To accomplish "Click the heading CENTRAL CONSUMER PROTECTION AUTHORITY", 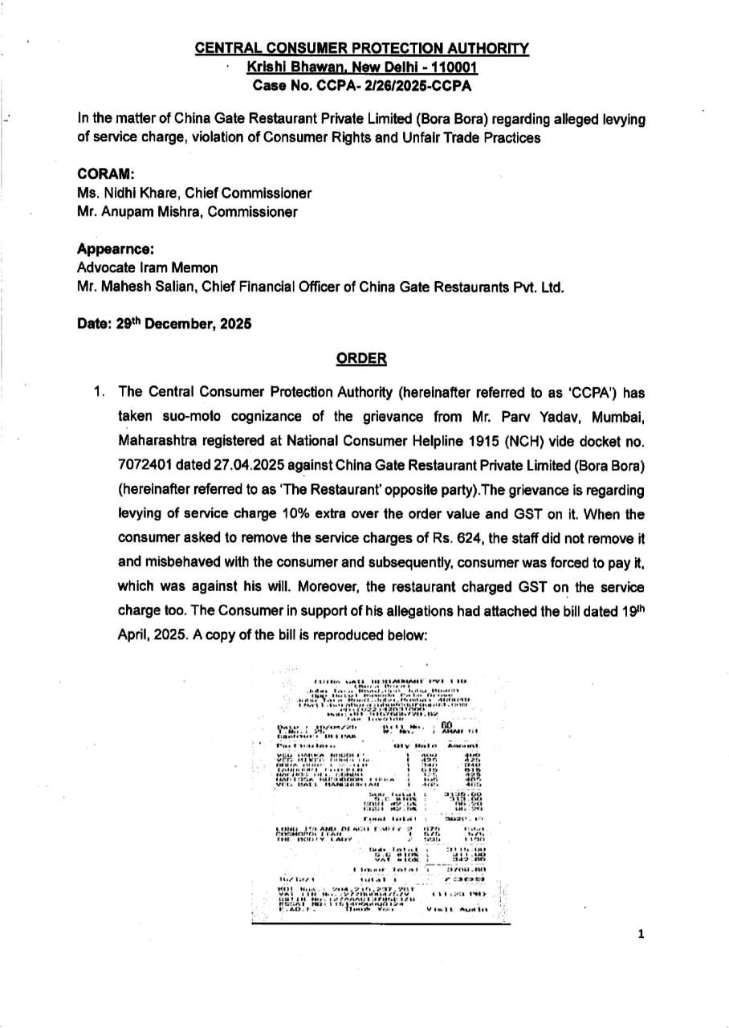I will (362, 50).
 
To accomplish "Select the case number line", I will (362, 85).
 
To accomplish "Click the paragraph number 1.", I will (99, 392).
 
